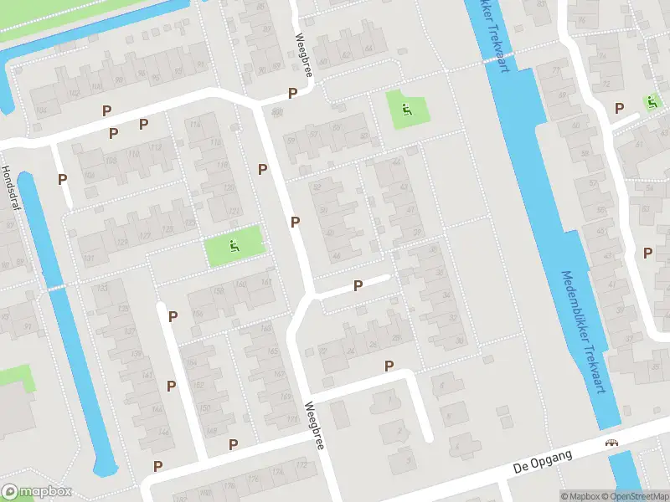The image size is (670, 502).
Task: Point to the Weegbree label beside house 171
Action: point(314,427)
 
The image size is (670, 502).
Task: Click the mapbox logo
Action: point(36,492)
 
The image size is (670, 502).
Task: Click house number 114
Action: point(196,125)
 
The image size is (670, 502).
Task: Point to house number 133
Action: point(103,288)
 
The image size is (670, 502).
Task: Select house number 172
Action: point(278,474)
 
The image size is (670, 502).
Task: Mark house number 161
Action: point(267,282)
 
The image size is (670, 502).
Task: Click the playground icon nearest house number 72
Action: point(652,102)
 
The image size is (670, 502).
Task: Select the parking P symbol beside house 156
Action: point(173,316)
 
